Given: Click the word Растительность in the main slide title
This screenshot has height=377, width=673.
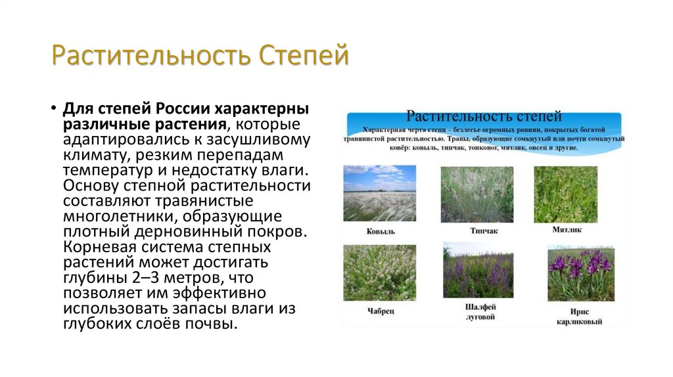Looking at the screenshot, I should coord(152,56).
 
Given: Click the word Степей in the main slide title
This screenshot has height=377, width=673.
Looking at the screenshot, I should coord(304,56).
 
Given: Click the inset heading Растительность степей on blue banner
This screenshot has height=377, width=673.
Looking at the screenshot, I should coord(484,116).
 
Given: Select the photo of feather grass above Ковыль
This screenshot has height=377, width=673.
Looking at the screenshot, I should coord(379,193).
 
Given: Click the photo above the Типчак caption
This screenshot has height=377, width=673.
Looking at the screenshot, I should coord(477,194).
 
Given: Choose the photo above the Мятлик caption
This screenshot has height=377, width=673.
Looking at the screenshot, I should coord(566,194).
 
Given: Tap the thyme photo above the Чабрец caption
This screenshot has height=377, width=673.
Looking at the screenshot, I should coord(379,273).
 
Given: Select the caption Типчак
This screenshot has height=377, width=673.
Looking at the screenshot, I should coord(483,231).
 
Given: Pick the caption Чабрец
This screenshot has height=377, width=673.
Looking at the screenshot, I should coord(381,311).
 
